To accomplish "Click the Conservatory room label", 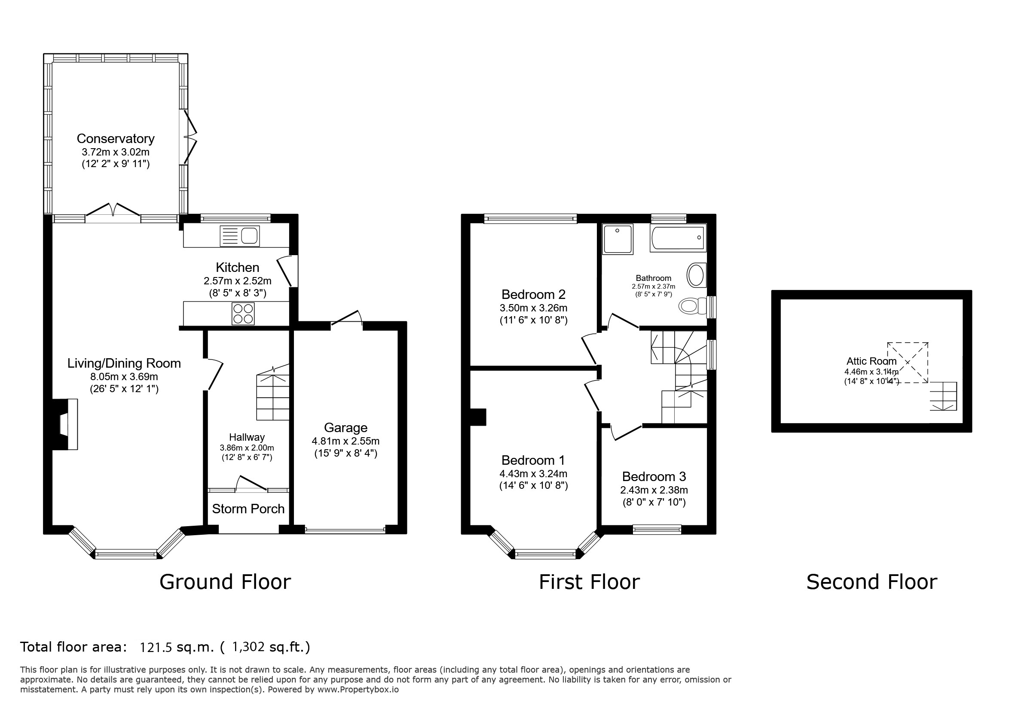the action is pyautogui.click(x=116, y=139).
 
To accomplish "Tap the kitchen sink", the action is pyautogui.click(x=240, y=235).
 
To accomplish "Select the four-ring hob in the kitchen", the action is pyautogui.click(x=243, y=313).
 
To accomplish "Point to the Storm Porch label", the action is pyautogui.click(x=248, y=509).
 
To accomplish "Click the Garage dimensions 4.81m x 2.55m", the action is pyautogui.click(x=345, y=441).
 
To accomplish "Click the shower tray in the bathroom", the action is pyautogui.click(x=618, y=239).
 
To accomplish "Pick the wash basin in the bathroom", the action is pyautogui.click(x=696, y=275).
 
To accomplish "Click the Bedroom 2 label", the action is pyautogui.click(x=533, y=294).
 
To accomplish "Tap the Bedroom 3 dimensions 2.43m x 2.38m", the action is pyautogui.click(x=654, y=490).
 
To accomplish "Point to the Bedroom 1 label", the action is pyautogui.click(x=533, y=460).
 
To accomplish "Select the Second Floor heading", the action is pyautogui.click(x=871, y=582).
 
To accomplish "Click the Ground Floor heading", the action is pyautogui.click(x=225, y=582).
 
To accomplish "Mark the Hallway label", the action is pyautogui.click(x=247, y=437).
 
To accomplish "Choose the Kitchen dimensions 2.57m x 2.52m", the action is pyautogui.click(x=237, y=281).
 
